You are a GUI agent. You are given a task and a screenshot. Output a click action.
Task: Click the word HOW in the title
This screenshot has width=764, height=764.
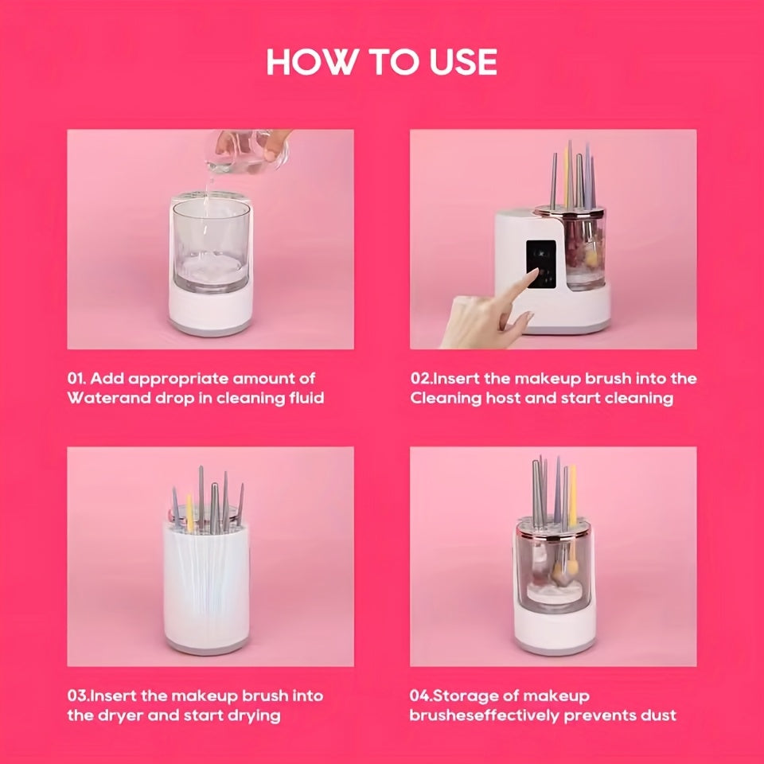click(302, 62)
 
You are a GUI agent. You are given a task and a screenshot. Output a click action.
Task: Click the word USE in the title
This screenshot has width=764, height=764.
click(459, 62)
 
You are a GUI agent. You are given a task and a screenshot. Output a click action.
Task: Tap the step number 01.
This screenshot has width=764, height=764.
click(77, 378)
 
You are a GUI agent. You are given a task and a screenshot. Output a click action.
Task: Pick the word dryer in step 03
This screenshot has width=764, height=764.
click(123, 715)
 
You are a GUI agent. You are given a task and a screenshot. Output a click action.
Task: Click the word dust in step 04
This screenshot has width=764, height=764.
click(657, 715)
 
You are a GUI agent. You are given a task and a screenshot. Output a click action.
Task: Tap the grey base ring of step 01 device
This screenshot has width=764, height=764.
click(211, 329)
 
